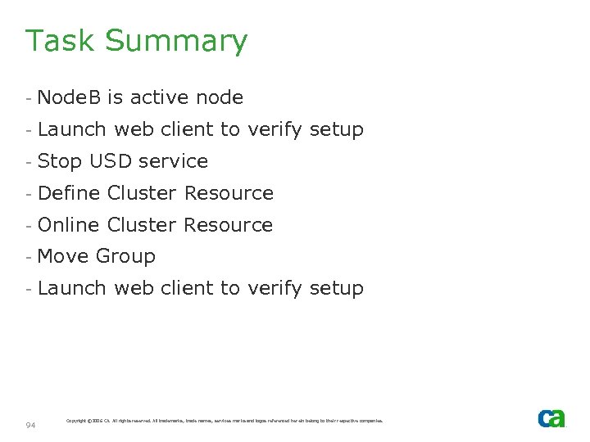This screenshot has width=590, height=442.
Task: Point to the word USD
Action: click(x=111, y=161)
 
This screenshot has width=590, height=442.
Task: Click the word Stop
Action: click(x=60, y=161)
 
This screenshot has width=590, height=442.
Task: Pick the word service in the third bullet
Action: click(x=174, y=161)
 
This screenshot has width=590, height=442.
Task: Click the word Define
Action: click(x=70, y=193)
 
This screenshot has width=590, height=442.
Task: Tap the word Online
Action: click(x=69, y=225)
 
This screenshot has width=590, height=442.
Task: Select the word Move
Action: click(x=63, y=256)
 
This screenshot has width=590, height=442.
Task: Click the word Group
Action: click(x=125, y=257)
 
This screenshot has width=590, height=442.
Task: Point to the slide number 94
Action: click(x=30, y=425)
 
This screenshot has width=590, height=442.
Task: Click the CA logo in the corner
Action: click(x=551, y=418)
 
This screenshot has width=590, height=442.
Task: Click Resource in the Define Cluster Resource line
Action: click(x=229, y=193)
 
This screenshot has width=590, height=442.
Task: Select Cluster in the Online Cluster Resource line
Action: click(x=143, y=225)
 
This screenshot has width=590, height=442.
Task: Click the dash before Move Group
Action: click(x=28, y=257)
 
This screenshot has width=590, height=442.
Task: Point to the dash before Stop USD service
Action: click(x=28, y=162)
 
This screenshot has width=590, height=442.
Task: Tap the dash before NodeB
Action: click(x=28, y=98)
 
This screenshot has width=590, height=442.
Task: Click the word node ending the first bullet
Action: click(x=220, y=97)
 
